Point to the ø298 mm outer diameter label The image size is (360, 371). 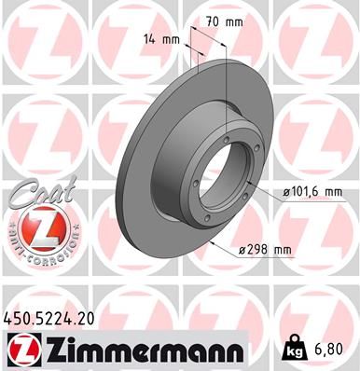click(x=266, y=249)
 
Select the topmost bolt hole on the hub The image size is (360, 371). click(x=226, y=139)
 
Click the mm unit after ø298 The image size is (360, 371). click(x=281, y=249)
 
